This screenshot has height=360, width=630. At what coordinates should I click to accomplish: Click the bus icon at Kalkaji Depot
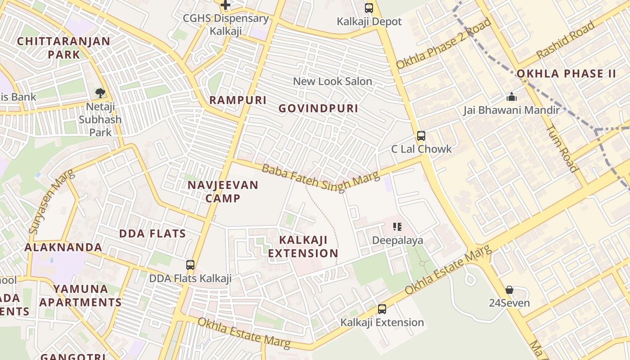click(369, 8)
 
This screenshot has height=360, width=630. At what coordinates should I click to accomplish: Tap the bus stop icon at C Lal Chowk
click(421, 136)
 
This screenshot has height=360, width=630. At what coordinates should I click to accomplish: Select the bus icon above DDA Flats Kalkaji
click(190, 265)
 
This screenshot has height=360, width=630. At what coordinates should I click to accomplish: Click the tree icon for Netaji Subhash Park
click(100, 93)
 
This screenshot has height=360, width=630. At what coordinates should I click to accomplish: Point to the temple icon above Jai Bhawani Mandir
click(511, 97)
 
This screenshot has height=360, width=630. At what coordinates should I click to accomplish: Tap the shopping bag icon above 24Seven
click(509, 290)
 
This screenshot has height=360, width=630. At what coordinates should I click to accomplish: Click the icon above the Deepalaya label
click(397, 227)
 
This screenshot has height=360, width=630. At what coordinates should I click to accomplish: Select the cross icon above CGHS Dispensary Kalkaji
click(225, 5)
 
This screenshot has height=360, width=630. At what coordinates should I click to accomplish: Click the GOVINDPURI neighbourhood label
click(318, 108)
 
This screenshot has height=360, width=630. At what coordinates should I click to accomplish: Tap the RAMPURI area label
click(238, 100)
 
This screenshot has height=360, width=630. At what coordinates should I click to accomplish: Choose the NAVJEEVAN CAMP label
click(223, 191)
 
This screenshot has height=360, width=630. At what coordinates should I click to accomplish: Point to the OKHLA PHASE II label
click(566, 74)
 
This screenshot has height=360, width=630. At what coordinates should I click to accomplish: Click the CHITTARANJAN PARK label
click(63, 48)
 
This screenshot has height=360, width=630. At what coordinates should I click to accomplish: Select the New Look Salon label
click(333, 81)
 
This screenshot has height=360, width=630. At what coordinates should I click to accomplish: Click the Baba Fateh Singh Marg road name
click(320, 178)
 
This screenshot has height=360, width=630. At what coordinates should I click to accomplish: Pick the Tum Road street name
click(562, 148)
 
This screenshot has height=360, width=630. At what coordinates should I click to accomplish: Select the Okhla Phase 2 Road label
click(443, 44)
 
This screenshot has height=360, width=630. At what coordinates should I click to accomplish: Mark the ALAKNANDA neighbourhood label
click(63, 247)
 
